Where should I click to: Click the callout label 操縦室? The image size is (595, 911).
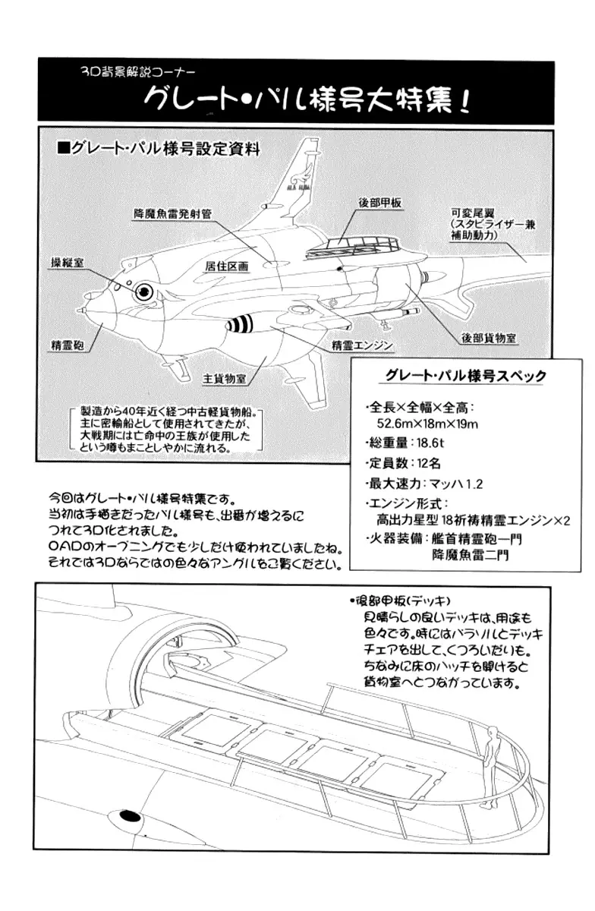[x=67, y=260]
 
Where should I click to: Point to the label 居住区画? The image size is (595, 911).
[x=227, y=267]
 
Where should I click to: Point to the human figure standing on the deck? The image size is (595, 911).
[x=491, y=767]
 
